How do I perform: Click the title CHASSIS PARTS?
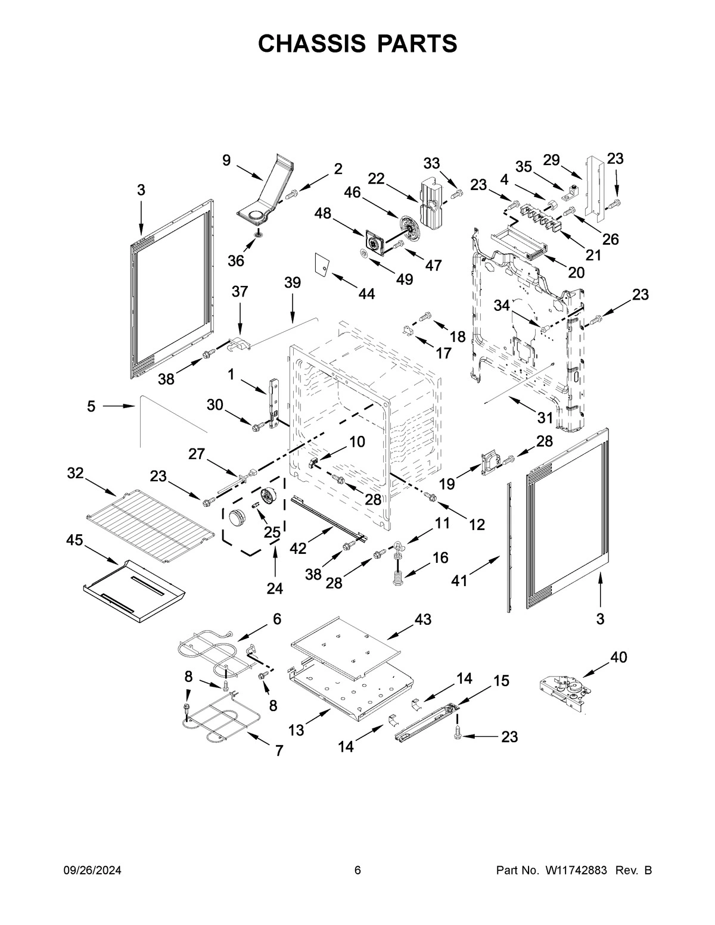[357, 43]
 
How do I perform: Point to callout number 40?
[618, 657]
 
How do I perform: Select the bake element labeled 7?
[218, 720]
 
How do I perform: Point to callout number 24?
[275, 588]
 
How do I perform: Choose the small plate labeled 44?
[322, 264]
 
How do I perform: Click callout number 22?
[376, 179]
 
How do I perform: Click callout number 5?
[91, 406]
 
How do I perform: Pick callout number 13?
[296, 730]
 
